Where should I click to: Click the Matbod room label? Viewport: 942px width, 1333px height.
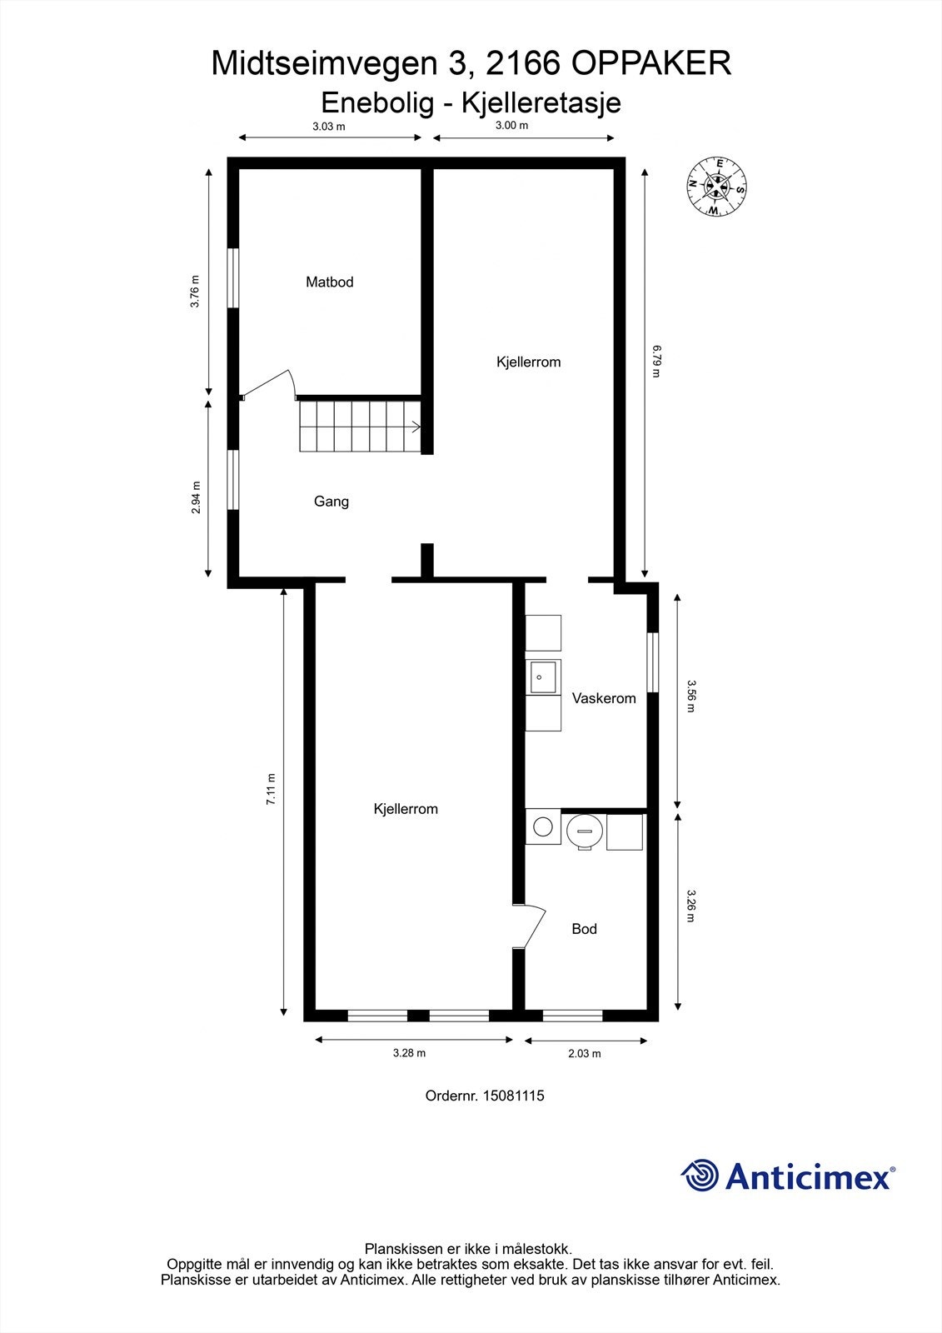(329, 282)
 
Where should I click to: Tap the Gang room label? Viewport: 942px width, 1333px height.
(331, 502)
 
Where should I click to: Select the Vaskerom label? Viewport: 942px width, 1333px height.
(604, 698)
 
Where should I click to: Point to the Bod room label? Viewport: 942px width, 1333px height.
(584, 929)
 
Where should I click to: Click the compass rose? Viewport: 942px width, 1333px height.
(716, 187)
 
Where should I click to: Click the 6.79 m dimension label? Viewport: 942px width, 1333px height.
(656, 361)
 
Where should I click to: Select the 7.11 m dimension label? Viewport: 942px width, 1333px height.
(271, 789)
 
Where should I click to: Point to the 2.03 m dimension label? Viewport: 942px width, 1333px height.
(585, 1053)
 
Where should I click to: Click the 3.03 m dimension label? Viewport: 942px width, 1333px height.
(329, 126)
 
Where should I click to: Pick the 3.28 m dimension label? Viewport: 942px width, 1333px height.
(410, 1053)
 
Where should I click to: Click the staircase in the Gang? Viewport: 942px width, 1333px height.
(360, 426)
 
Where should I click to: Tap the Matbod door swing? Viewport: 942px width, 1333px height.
(268, 384)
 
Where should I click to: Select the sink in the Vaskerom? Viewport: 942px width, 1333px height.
(543, 677)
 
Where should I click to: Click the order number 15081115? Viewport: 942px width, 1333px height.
(514, 1096)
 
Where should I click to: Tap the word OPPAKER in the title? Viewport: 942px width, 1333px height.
(651, 63)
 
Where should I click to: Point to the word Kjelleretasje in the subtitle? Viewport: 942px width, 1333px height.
(541, 102)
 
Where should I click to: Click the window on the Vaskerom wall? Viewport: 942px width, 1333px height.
(653, 662)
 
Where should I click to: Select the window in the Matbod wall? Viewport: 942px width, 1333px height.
(233, 278)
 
